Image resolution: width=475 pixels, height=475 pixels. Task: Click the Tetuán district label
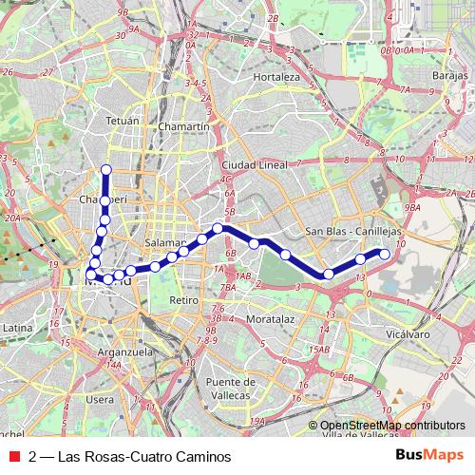[x=123, y=121]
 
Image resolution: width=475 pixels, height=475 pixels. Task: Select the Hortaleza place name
[x=276, y=76]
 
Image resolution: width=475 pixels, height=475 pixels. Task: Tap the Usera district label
[x=99, y=400]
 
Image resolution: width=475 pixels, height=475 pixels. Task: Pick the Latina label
[x=18, y=327]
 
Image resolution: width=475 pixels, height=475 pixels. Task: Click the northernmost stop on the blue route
[x=106, y=170]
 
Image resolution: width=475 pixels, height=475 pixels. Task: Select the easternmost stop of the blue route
[x=385, y=253]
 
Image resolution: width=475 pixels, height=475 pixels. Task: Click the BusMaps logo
[x=429, y=456]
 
